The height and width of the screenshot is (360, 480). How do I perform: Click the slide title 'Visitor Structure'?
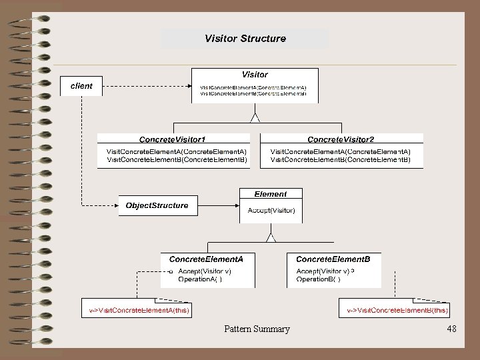coord(245,39)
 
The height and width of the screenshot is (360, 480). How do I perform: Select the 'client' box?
coord(81,86)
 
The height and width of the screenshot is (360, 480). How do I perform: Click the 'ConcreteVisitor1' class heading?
coord(172,139)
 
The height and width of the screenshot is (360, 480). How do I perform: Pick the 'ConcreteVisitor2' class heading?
coord(341,139)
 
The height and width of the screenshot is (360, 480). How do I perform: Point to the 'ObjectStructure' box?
coord(157,205)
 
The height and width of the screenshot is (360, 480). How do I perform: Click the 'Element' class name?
coord(271,194)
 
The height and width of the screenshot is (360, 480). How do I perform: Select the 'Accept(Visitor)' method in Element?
coord(271,211)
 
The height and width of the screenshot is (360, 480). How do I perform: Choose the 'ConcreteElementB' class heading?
coord(333,258)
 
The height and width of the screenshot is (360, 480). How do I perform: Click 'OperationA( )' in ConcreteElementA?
coord(199,279)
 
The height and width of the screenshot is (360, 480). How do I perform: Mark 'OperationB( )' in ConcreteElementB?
coord(318,279)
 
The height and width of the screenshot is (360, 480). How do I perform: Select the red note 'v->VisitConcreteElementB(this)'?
coord(397,311)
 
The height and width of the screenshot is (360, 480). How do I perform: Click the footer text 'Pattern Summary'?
coord(257,329)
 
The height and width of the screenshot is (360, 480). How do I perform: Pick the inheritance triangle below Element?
coord(271,236)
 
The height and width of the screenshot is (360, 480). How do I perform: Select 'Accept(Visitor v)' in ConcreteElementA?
coord(204,271)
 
